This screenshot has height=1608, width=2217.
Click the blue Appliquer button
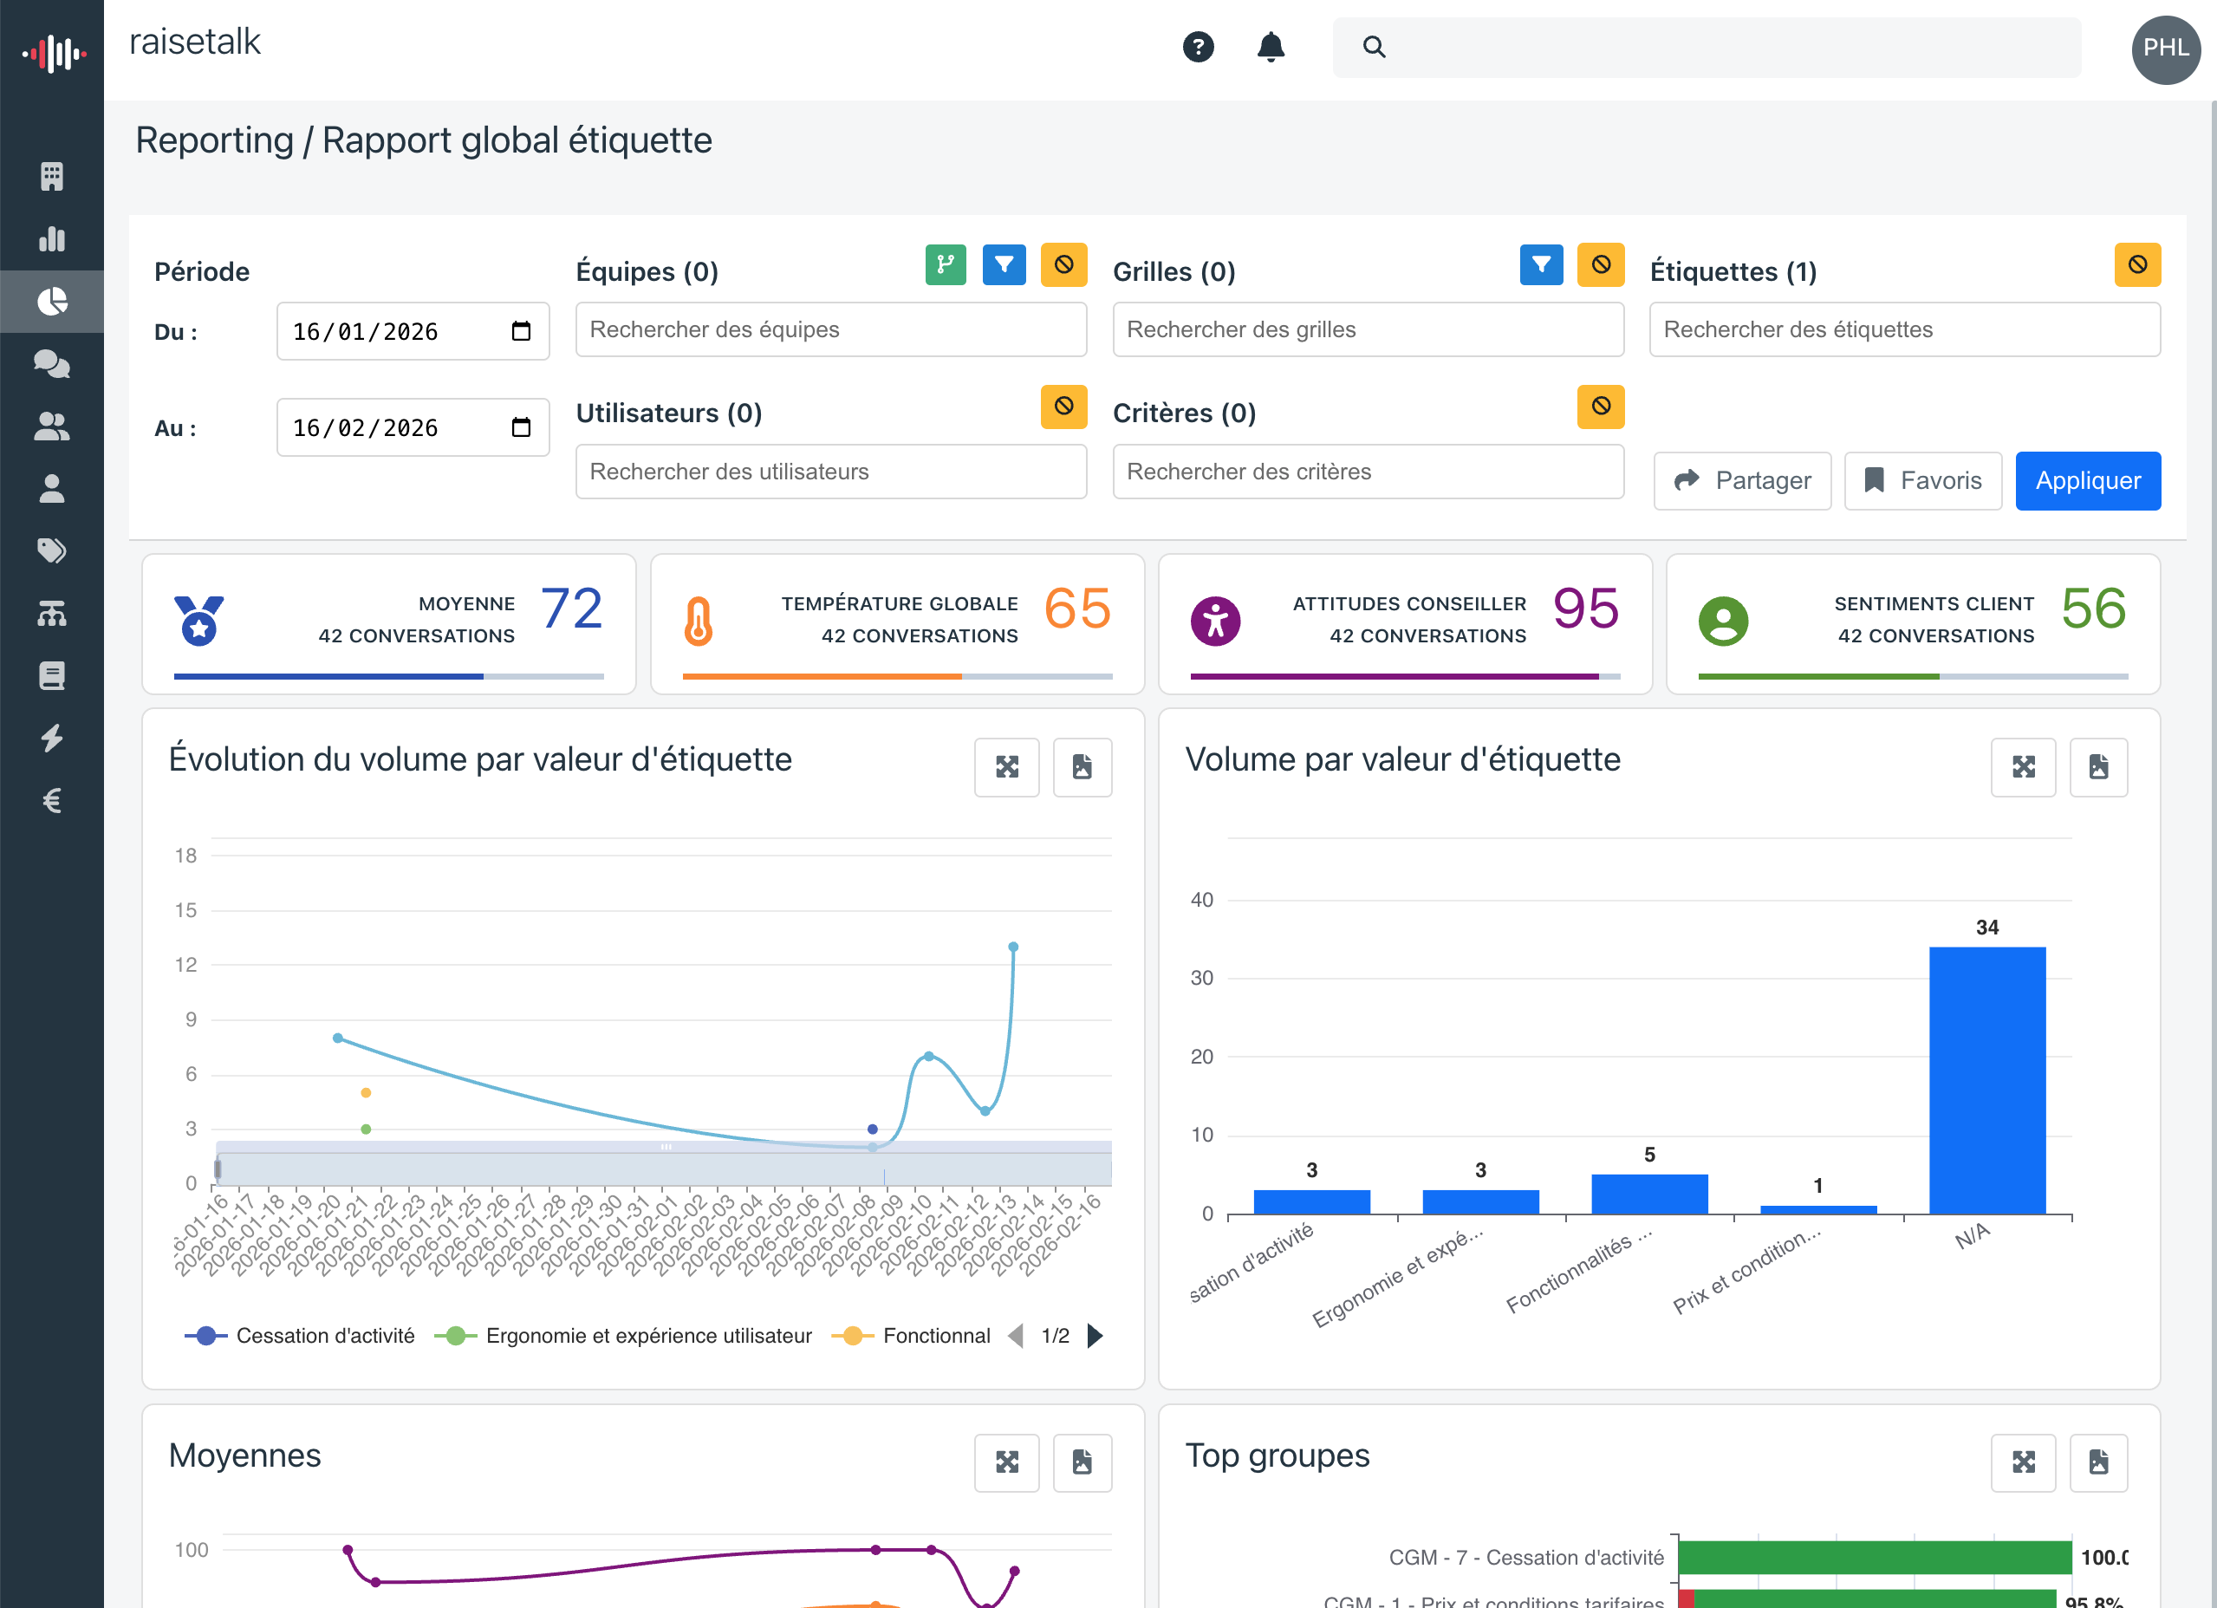[x=2087, y=481]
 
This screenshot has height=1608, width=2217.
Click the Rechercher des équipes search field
[x=830, y=329]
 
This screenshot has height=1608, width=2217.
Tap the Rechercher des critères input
[x=1367, y=472]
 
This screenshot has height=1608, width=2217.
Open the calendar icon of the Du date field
[x=521, y=331]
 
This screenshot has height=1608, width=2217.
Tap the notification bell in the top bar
[x=1270, y=47]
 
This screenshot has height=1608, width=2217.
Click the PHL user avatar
[x=2165, y=49]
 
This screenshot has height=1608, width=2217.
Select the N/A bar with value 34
[x=1986, y=1080]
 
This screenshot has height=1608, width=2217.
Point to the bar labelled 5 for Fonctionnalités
[x=1649, y=1194]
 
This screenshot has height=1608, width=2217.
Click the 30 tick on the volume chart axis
[x=1201, y=979]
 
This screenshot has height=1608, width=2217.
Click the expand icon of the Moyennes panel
[x=1006, y=1462]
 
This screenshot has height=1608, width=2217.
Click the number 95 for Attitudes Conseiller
[x=1585, y=609]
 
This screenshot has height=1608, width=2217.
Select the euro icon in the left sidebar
[x=52, y=801]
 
